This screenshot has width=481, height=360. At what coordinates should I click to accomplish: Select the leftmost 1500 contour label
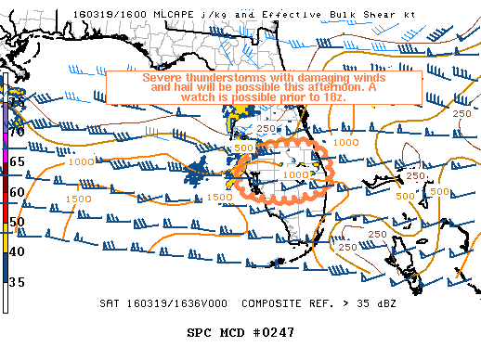pos(79,198)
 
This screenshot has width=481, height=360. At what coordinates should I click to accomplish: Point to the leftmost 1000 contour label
pos(82,162)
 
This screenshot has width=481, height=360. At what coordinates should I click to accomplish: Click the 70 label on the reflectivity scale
pos(17,132)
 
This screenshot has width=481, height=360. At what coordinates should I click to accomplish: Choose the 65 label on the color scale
pos(17,161)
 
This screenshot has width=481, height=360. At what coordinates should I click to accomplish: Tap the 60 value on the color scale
pos(17,192)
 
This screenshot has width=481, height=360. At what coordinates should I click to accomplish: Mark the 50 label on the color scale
pos(17,222)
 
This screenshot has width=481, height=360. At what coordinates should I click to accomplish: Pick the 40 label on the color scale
pos(17,251)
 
